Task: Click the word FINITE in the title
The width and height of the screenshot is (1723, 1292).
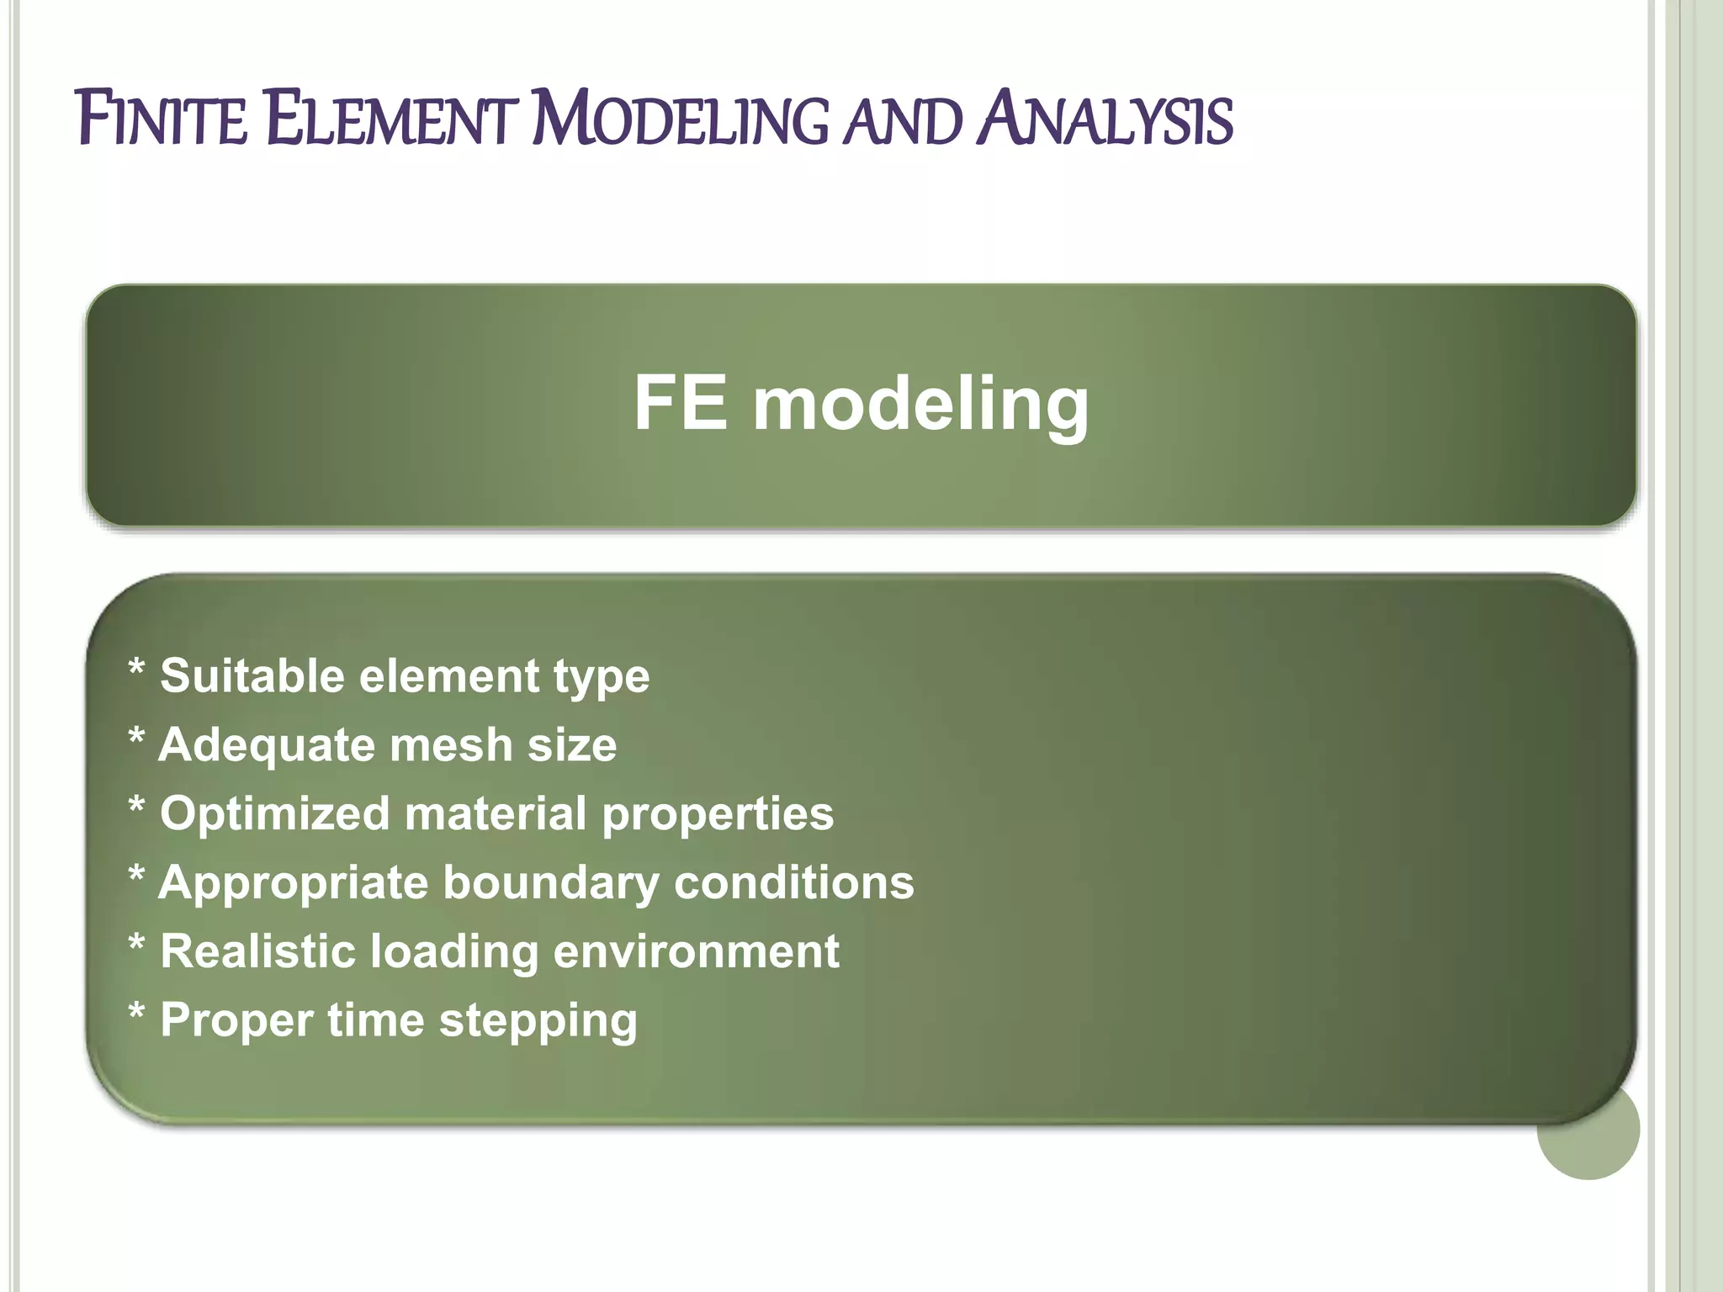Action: point(162,119)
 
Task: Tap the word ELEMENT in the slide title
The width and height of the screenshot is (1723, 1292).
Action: point(390,119)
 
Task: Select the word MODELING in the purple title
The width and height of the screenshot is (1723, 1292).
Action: point(681,119)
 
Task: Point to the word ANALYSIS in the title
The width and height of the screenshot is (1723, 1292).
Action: point(1105,119)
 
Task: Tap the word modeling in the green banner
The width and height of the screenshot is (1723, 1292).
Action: point(920,406)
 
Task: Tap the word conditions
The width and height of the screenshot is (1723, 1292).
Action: point(793,882)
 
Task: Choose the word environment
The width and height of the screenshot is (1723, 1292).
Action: point(696,952)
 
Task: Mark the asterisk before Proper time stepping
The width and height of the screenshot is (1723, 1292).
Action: point(136,1012)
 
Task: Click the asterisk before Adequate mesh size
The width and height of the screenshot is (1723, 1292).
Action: point(136,737)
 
